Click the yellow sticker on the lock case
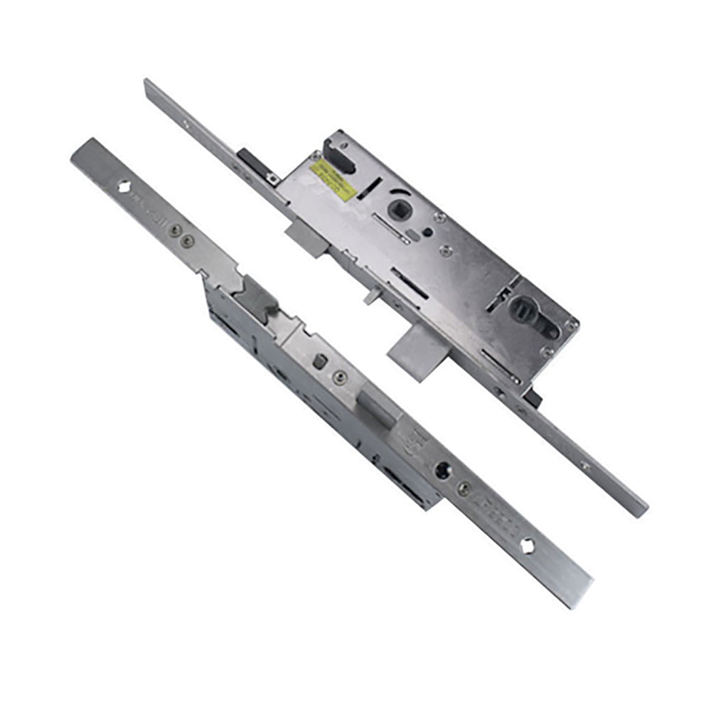click(333, 181)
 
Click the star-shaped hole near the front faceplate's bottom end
click(528, 545)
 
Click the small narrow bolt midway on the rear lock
click(372, 294)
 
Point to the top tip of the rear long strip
click(147, 83)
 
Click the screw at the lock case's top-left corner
click(315, 156)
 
